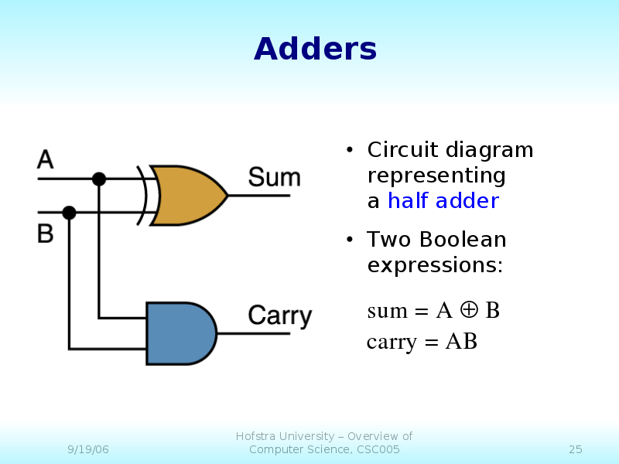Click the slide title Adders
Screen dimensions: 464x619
pos(315,49)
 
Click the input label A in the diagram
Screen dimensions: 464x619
pos(46,160)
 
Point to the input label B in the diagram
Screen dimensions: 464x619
pos(46,233)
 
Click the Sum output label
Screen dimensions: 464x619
pos(274,178)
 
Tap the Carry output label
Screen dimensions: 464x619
pos(279,316)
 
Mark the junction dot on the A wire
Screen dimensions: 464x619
pos(99,179)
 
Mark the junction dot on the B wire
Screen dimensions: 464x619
pos(69,212)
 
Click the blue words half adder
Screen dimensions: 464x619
pos(443,201)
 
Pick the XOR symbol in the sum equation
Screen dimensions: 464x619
pos(468,310)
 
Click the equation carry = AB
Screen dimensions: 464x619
pos(422,341)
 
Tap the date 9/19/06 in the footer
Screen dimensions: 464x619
pos(87,449)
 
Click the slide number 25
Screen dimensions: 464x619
pos(575,449)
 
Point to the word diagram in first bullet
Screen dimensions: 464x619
pos(489,150)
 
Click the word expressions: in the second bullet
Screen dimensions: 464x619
pos(435,265)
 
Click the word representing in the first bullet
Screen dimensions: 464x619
pos(436,176)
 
